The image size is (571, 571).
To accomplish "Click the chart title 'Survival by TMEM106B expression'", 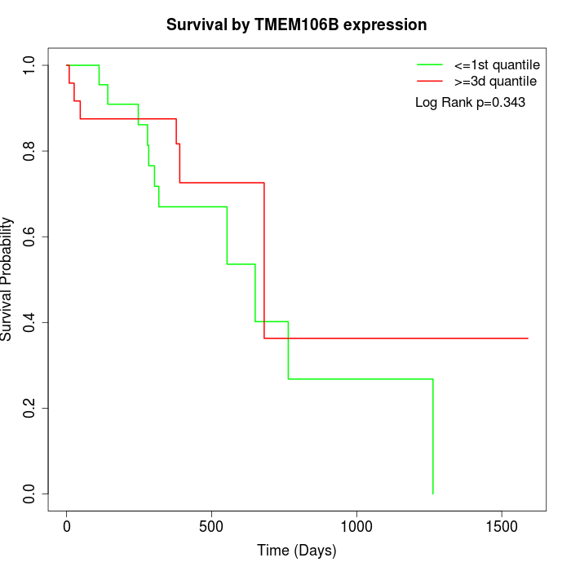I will [x=296, y=24].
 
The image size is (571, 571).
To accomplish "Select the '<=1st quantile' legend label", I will [x=496, y=64].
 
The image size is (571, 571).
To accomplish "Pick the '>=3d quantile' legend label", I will [x=495, y=81].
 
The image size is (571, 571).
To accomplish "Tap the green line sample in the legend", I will [x=430, y=64].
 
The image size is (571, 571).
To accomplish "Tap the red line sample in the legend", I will [x=430, y=81].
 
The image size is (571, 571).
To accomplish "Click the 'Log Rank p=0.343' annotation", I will [x=470, y=103].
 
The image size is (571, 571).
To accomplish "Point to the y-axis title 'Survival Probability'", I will [x=7, y=279].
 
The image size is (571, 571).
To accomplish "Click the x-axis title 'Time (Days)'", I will [x=296, y=551].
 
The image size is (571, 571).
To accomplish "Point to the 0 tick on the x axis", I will [x=67, y=527].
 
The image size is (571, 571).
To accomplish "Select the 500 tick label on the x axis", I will [x=211, y=527].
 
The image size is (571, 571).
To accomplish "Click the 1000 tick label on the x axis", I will [x=356, y=527].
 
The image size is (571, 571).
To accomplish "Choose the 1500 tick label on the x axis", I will [x=501, y=527].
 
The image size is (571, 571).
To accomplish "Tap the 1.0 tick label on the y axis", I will [x=30, y=65].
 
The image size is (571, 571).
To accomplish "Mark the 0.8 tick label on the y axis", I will [x=30, y=151].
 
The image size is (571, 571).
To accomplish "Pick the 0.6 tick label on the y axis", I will [x=30, y=237].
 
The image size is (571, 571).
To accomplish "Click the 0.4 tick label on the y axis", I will [x=30, y=322].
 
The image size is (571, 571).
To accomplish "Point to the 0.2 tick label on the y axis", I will [x=30, y=408].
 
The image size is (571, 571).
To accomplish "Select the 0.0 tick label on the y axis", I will [x=30, y=494].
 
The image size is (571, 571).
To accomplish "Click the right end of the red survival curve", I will [x=528, y=338].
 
